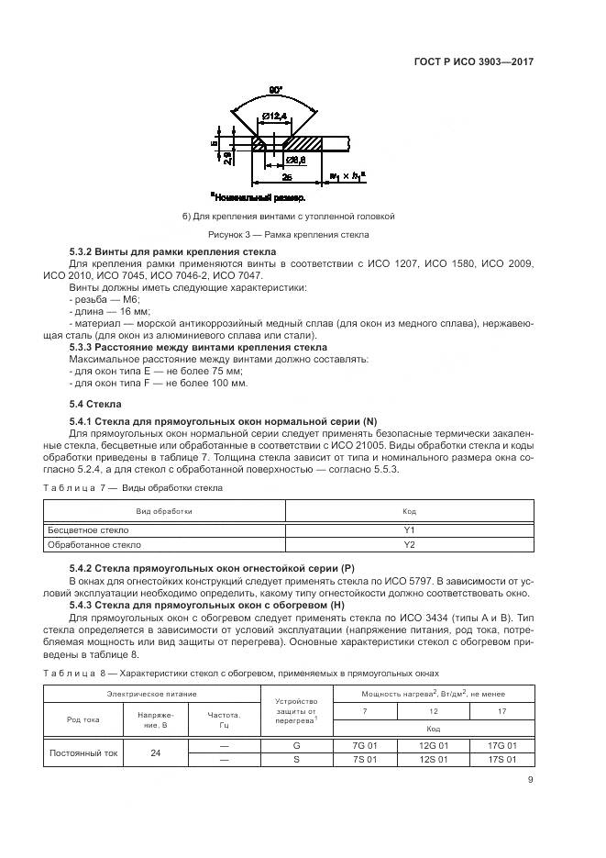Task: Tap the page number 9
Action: tap(531, 783)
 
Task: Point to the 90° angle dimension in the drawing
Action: tap(274, 90)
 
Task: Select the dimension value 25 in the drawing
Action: tap(287, 175)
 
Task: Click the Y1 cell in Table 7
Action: tap(409, 530)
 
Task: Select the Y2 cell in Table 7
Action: tap(409, 545)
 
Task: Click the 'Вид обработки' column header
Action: tap(165, 510)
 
